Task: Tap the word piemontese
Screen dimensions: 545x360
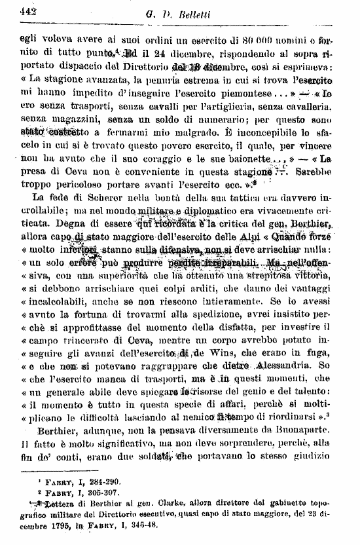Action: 228,93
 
